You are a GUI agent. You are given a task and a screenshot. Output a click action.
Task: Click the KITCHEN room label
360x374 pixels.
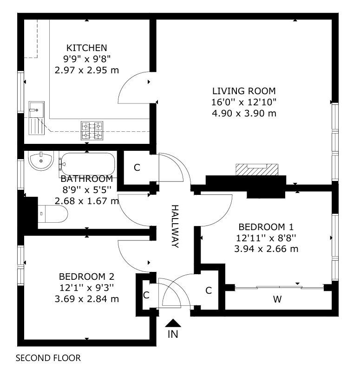click(87, 48)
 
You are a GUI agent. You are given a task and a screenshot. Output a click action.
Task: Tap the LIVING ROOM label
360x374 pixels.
click(244, 91)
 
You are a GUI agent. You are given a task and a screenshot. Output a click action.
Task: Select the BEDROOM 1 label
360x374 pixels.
click(266, 227)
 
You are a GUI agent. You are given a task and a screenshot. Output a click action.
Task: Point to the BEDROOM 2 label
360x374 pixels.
click(87, 277)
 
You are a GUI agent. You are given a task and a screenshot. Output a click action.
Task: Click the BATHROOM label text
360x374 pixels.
click(87, 179)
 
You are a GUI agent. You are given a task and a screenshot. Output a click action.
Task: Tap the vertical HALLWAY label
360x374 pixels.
click(175, 226)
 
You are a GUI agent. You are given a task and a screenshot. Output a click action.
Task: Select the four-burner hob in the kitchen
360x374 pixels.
click(92, 131)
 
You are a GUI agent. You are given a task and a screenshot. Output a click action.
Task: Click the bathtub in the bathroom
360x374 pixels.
click(88, 164)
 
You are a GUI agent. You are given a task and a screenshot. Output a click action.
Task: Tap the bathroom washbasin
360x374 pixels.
click(41, 161)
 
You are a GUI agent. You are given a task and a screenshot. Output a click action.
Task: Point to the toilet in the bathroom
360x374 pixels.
click(53, 214)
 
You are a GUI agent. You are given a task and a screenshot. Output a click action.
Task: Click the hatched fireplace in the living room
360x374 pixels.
click(257, 169)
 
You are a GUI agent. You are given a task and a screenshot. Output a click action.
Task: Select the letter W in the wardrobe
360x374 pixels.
click(277, 299)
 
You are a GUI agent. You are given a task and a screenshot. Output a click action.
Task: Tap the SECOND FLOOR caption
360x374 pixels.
click(48, 358)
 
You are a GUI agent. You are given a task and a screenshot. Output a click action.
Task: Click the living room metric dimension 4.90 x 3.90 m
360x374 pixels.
click(244, 113)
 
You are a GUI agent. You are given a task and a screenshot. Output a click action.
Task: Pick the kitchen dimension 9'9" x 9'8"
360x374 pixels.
click(87, 59)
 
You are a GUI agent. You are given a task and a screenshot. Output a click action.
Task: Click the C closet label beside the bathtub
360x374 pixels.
click(137, 168)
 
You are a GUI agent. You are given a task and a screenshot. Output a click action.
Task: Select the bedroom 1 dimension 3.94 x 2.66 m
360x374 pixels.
click(266, 249)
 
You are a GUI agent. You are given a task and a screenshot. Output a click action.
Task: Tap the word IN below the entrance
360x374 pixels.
click(173, 334)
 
